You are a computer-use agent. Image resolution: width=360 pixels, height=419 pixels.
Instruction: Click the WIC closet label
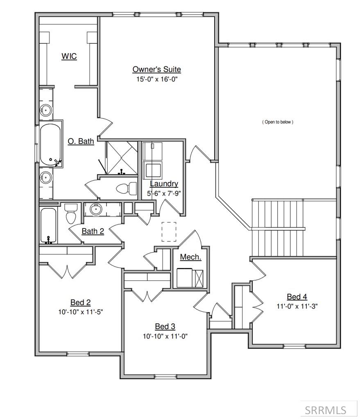pos(69,56)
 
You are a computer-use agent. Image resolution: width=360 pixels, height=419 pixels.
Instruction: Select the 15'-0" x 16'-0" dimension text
pos(156,79)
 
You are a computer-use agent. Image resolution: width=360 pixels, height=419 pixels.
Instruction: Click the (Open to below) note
pos(278,122)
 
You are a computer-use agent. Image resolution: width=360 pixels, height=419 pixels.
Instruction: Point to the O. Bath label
pos(81,142)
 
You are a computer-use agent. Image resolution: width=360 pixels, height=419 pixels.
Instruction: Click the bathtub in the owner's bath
pos(50,144)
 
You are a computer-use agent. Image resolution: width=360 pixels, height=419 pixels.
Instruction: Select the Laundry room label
pos(164,184)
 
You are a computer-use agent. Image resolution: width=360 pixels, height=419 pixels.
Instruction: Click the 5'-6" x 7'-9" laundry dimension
pos(164,193)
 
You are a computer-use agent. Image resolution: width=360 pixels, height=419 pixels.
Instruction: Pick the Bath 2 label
pos(93,232)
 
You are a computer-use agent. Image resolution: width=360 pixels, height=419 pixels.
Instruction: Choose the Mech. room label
pos(190,257)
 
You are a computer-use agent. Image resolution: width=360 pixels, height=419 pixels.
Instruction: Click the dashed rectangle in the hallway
pos(169,232)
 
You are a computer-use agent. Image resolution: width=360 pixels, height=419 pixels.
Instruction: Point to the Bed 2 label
pos(80,303)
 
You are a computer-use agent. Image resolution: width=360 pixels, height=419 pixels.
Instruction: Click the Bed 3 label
pos(165,327)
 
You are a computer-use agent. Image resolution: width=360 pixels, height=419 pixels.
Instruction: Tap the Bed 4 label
pos(297,297)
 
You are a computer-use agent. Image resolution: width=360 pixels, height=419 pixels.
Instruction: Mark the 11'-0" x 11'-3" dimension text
pos(297,306)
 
